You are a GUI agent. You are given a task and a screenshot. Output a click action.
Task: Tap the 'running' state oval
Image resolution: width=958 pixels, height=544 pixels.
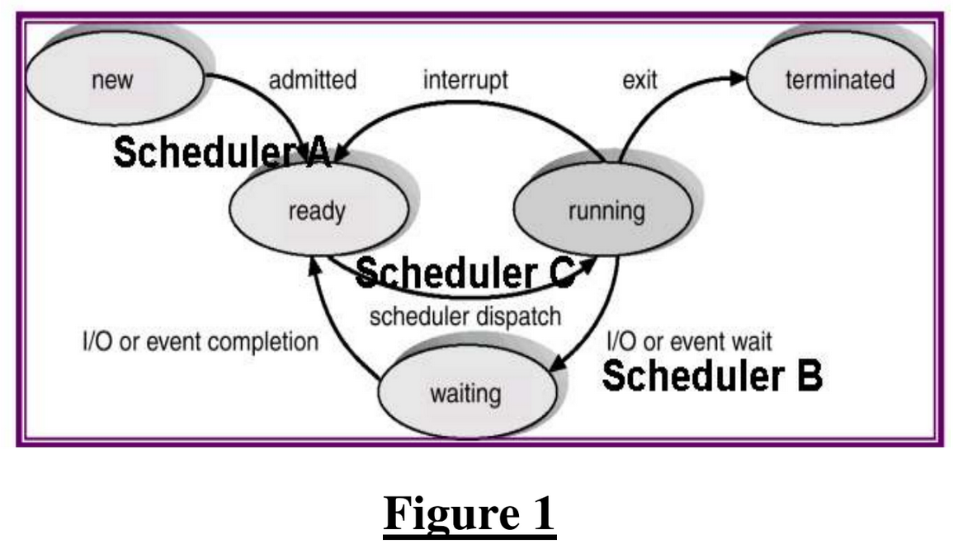click(606, 211)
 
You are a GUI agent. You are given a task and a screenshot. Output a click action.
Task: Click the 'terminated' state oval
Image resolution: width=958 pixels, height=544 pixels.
click(839, 80)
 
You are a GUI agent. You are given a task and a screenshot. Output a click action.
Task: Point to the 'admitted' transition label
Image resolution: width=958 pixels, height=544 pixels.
click(313, 80)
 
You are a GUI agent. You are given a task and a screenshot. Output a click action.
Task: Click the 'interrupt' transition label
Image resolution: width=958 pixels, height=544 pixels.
click(465, 80)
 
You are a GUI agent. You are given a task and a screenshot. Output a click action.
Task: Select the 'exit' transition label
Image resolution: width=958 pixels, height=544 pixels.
click(639, 80)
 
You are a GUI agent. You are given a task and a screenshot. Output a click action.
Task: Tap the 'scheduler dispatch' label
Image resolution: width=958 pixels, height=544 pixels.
click(465, 316)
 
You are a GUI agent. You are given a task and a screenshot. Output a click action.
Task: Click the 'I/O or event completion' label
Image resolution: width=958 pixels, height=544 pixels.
click(199, 341)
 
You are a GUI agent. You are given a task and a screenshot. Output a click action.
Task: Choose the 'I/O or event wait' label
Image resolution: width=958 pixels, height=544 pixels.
click(689, 340)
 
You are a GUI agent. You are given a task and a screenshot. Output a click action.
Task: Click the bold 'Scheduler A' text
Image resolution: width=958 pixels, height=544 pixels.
click(221, 152)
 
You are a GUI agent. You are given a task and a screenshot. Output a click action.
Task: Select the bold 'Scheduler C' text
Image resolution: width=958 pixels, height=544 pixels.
click(465, 273)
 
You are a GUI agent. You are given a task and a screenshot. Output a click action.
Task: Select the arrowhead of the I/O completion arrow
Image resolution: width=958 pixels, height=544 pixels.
click(314, 260)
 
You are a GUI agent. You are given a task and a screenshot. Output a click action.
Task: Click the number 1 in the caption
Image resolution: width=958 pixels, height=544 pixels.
click(542, 514)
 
